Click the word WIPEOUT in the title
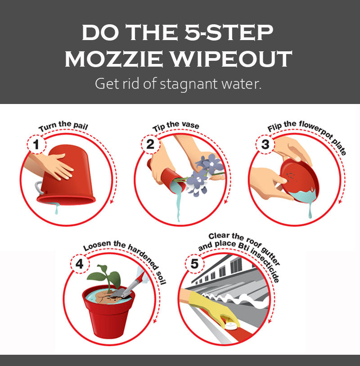pyautogui.click(x=231, y=59)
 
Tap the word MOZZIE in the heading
pyautogui.click(x=114, y=59)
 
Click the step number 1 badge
pyautogui.click(x=36, y=144)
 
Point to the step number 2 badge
pyautogui.click(x=150, y=144)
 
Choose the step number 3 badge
pyautogui.click(x=265, y=144)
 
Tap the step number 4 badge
pyautogui.click(x=80, y=264)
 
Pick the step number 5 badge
pyautogui.click(x=194, y=264)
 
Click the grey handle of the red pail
pyautogui.click(x=39, y=187)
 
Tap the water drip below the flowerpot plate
pyautogui.click(x=310, y=211)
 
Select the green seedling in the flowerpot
pyautogui.click(x=104, y=277)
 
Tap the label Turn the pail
pyautogui.click(x=63, y=126)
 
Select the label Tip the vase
pyautogui.click(x=175, y=126)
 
